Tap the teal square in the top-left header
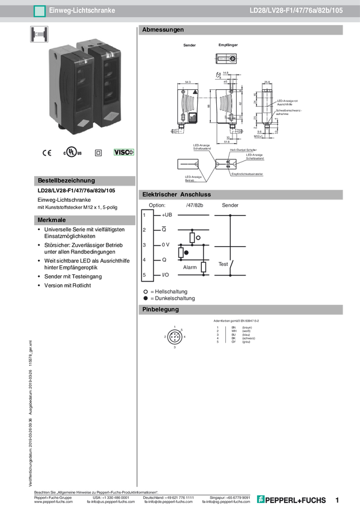(x=40, y=11)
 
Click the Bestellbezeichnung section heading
(x=66, y=180)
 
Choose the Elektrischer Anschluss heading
(x=176, y=195)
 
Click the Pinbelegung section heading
(x=161, y=310)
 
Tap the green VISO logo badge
(x=125, y=153)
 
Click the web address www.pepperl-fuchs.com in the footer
(x=54, y=502)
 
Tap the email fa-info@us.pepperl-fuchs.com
(x=111, y=502)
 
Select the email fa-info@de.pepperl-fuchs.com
(x=170, y=502)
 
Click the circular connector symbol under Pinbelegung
(x=174, y=337)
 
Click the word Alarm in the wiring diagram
(x=189, y=268)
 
